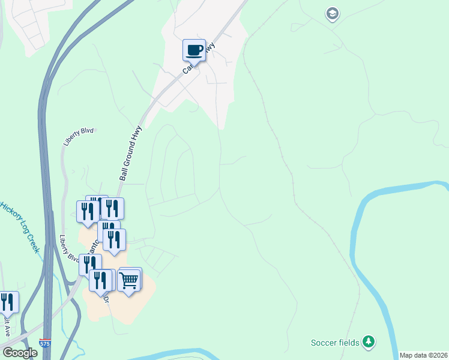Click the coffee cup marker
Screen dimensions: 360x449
[x=194, y=50]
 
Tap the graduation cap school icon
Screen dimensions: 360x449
[x=333, y=13]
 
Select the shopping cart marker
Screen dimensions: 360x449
[x=130, y=280]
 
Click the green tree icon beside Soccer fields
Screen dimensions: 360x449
[x=369, y=343]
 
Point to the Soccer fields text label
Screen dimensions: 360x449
[x=335, y=343]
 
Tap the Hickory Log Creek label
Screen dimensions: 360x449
[x=22, y=227]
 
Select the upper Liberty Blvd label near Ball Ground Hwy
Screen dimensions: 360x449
[x=79, y=136]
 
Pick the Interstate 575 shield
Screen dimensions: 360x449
[x=45, y=343]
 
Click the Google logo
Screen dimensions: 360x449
[x=20, y=353]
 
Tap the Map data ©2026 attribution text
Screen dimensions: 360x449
[x=423, y=355]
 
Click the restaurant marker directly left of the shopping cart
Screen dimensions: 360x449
[x=100, y=280]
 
